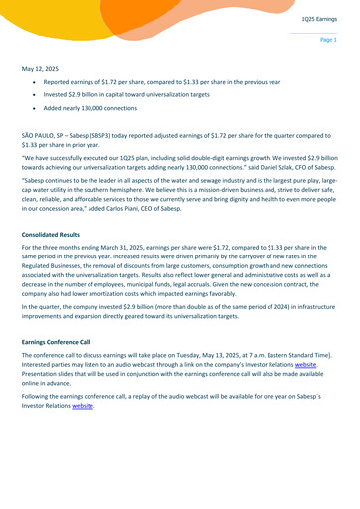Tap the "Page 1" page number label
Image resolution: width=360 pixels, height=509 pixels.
(328, 40)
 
